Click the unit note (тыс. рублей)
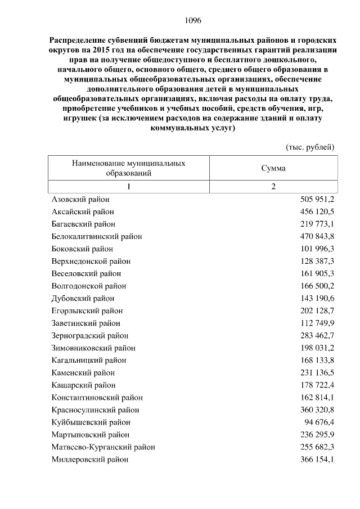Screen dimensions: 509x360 click(310, 147)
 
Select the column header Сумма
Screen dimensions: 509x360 click(273, 168)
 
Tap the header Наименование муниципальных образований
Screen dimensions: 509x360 click(129, 168)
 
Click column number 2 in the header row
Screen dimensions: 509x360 click(273, 187)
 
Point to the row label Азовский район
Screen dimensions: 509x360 click(80, 199)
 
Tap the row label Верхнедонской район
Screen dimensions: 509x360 click(91, 261)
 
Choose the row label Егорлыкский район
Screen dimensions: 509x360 click(87, 310)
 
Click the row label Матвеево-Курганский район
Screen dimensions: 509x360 click(103, 447)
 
